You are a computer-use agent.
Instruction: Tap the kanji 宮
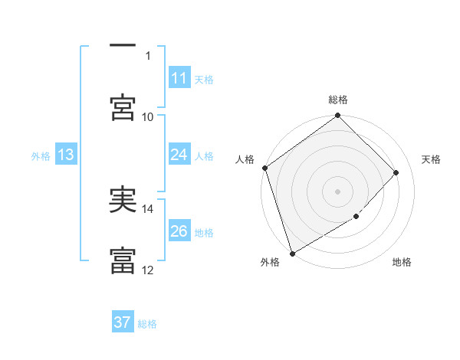(x=123, y=107)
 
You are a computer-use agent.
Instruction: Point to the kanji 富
(x=123, y=260)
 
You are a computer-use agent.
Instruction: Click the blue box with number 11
(x=179, y=78)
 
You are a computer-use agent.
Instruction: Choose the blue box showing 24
(x=179, y=155)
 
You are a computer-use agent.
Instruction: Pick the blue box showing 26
(x=179, y=231)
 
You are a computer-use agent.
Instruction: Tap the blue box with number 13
(x=66, y=155)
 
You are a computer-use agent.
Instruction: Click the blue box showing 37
(x=123, y=322)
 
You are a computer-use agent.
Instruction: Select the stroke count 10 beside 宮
(x=148, y=116)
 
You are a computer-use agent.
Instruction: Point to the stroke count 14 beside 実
(x=148, y=208)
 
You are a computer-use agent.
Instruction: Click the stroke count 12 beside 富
(x=148, y=270)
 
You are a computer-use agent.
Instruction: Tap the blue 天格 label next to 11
(x=204, y=79)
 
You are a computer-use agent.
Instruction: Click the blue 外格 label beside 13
(x=41, y=155)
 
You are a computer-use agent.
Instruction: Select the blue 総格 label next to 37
(x=147, y=324)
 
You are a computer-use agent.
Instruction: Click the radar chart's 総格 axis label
(x=338, y=100)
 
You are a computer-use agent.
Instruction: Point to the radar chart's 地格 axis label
(x=402, y=263)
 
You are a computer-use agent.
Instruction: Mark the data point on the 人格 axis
(x=264, y=168)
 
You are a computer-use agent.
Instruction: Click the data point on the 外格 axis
(x=292, y=254)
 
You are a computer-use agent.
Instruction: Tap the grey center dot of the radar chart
(x=338, y=191)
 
